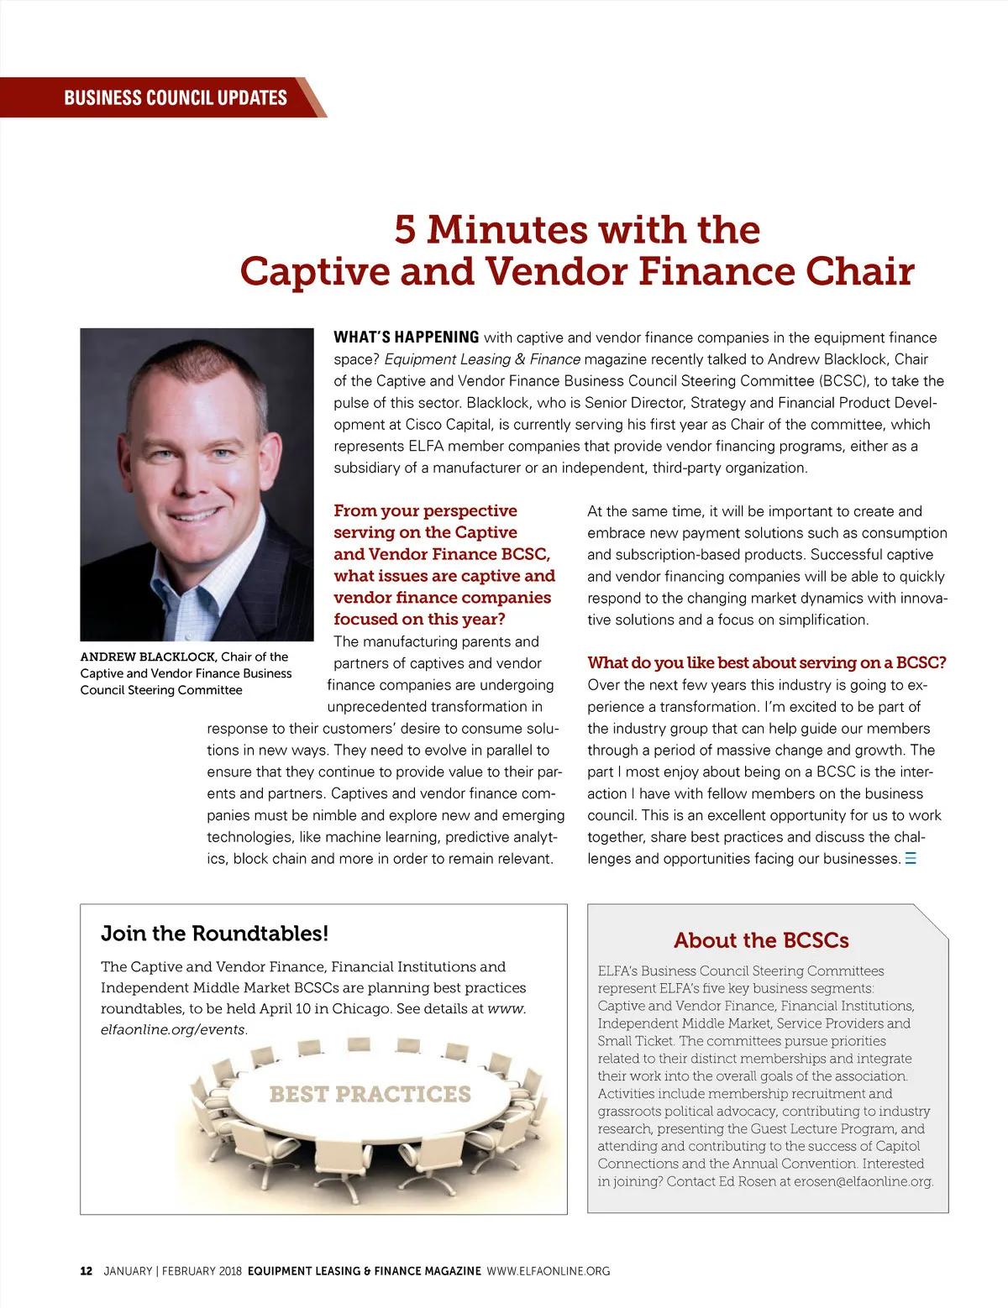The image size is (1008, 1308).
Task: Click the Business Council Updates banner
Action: tap(175, 97)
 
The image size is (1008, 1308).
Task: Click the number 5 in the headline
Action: tap(405, 230)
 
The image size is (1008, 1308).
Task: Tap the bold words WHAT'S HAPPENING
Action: tap(406, 337)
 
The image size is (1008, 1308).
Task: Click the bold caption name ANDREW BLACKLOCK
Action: tap(148, 657)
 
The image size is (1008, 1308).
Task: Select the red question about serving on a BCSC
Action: tap(766, 662)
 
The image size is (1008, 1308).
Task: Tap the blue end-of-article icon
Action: tap(911, 859)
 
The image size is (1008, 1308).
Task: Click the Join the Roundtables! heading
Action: tap(214, 934)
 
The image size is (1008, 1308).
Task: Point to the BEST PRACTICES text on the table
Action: tap(370, 1094)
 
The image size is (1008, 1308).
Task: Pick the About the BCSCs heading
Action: tap(761, 940)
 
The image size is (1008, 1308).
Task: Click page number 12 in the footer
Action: tap(87, 1271)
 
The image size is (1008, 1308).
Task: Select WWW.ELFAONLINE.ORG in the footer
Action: tap(549, 1271)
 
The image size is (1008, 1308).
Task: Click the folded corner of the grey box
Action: tap(932, 920)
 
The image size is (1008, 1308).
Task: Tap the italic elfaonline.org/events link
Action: tap(172, 1029)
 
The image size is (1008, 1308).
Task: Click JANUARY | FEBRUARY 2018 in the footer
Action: tap(172, 1271)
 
